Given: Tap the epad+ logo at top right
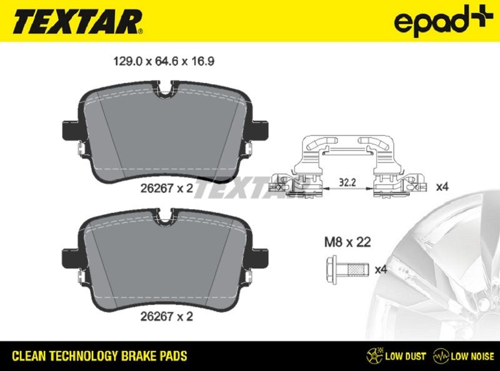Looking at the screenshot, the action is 443,20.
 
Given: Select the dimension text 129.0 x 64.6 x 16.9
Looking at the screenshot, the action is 164,61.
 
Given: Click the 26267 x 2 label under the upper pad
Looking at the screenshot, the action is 167,189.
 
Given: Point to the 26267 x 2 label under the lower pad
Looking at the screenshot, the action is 167,317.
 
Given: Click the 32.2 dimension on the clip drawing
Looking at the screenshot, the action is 347,182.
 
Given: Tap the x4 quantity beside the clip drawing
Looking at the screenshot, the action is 442,187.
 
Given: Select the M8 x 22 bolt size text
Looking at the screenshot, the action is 347,242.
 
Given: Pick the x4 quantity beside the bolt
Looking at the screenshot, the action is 381,270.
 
